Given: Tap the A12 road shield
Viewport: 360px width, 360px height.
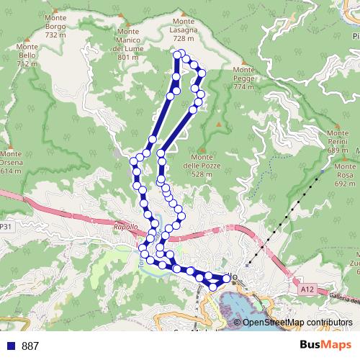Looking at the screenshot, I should (x=308, y=289).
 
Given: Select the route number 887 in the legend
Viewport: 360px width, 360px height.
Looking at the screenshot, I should (x=30, y=346).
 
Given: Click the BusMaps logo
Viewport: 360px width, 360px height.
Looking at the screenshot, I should (x=327, y=345).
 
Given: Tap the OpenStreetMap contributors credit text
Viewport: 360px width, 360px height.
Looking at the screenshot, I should (x=297, y=322).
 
